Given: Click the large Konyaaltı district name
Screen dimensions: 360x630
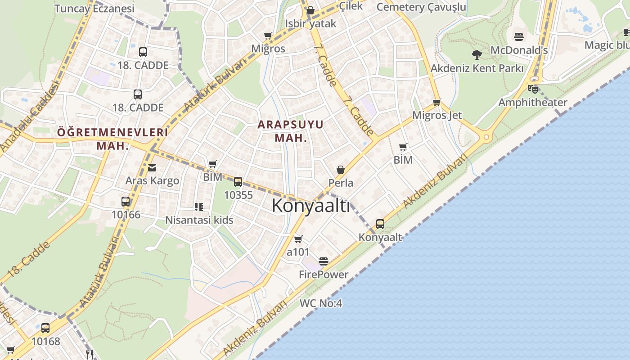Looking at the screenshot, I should pos(310,206).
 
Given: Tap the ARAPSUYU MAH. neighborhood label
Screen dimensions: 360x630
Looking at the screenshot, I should pos(291,131).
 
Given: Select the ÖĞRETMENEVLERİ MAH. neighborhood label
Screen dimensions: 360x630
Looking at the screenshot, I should pos(112,139).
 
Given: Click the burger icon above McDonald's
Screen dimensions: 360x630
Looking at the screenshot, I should pos(519,37).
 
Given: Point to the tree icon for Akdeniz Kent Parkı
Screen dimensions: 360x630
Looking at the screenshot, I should pos(477,55).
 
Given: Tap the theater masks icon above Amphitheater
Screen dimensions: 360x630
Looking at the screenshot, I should pos(533,88).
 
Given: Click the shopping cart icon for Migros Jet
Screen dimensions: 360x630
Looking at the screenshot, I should pos(436,103).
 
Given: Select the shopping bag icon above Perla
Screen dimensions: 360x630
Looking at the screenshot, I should pos(341,170).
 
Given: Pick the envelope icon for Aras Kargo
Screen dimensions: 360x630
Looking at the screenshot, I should pos(152,168).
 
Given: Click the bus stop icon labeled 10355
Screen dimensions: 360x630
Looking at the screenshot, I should pos(238,182).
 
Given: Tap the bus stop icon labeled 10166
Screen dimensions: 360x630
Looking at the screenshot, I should pos(126,202).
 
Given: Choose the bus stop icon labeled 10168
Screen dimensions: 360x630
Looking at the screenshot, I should pos(45,328).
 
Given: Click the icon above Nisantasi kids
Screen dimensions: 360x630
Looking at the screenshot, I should pos(199,207).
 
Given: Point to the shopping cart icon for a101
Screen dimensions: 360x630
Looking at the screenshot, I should pos(298,239).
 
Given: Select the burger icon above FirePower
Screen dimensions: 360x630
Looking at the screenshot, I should pos(323,261).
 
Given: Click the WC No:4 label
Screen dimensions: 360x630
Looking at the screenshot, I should pos(321,303).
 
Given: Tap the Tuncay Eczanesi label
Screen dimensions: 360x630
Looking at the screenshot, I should pos(94,9).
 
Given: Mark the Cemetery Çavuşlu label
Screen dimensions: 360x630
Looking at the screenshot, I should pos(421,7).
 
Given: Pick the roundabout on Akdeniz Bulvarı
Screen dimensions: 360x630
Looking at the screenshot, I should pos(486,137).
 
